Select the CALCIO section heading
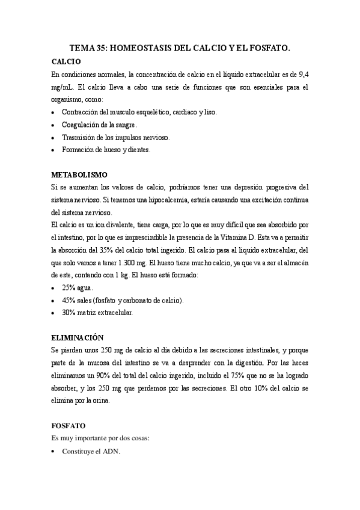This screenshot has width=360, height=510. click(66, 61)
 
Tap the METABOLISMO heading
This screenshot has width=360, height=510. click(79, 174)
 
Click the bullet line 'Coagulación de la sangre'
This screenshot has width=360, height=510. click(99, 124)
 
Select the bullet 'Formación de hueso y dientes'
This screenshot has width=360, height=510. click(106, 150)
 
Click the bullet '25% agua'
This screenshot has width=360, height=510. click(77, 287)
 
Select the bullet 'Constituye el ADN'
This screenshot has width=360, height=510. click(91, 450)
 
